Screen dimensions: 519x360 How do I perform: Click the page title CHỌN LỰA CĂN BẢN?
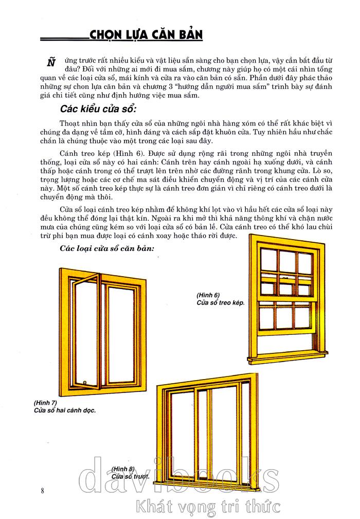(146, 35)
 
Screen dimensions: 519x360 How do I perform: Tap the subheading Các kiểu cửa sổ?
(98, 110)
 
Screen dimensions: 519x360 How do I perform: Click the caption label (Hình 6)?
(208, 295)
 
